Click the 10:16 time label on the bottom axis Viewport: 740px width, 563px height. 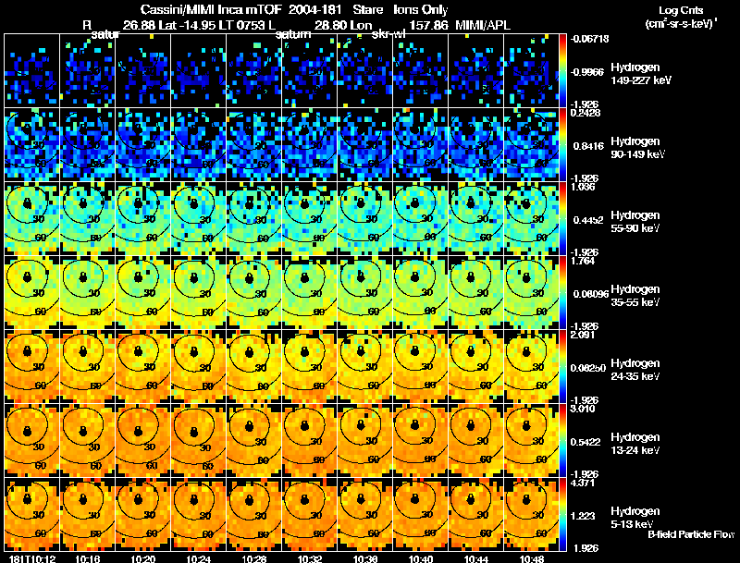91,558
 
